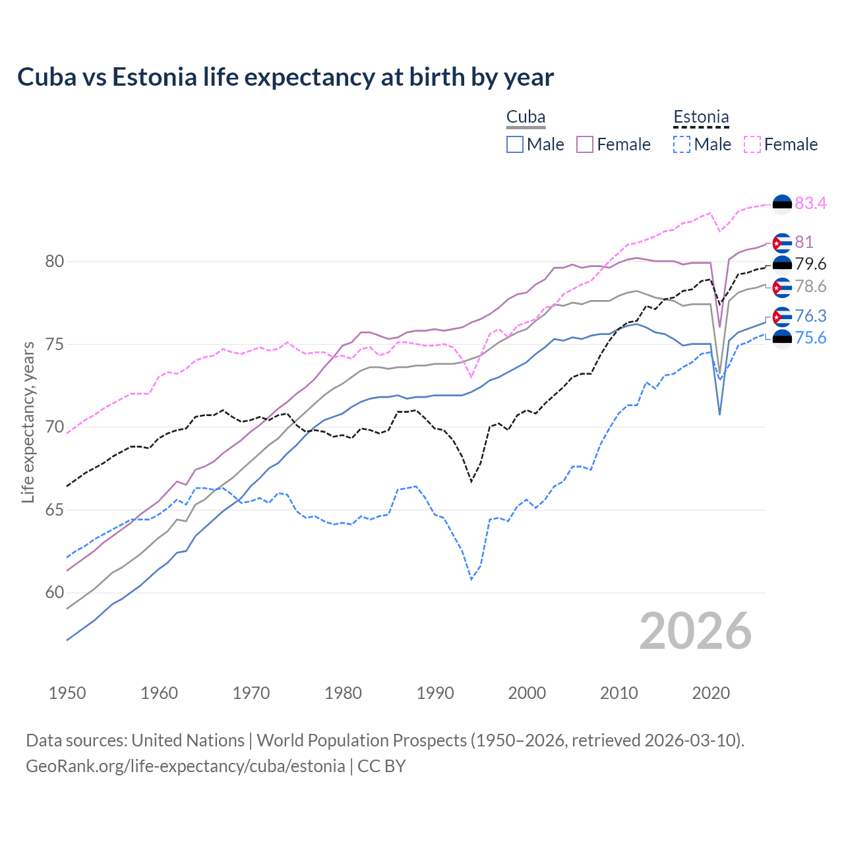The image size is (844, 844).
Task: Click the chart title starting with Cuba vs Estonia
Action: click(x=285, y=77)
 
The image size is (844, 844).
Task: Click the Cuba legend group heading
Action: click(x=526, y=117)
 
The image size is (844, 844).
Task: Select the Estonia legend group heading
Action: click(x=701, y=117)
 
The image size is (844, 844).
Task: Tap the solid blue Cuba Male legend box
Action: click(x=515, y=144)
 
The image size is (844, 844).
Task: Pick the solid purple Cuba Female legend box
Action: click(x=585, y=144)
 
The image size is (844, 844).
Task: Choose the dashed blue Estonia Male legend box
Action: click(x=682, y=144)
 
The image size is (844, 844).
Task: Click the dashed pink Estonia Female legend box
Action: click(x=752, y=144)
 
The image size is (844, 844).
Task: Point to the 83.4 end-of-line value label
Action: click(x=810, y=203)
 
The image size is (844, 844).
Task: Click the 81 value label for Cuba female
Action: click(x=804, y=242)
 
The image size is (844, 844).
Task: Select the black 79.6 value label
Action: click(x=810, y=264)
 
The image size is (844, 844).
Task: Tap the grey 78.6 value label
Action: click(x=810, y=286)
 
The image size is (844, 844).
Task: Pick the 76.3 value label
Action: click(x=810, y=316)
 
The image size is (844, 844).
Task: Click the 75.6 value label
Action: click(x=810, y=338)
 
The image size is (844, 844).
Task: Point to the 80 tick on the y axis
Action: click(x=55, y=262)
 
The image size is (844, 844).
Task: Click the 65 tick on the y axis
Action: click(x=55, y=510)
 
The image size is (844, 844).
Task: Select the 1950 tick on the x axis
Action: click(x=67, y=693)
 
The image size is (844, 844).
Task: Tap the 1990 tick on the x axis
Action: click(x=435, y=693)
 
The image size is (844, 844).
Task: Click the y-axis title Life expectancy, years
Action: click(x=28, y=422)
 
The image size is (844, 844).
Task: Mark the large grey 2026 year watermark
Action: click(x=695, y=631)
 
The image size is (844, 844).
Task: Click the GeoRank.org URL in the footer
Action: click(x=185, y=766)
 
